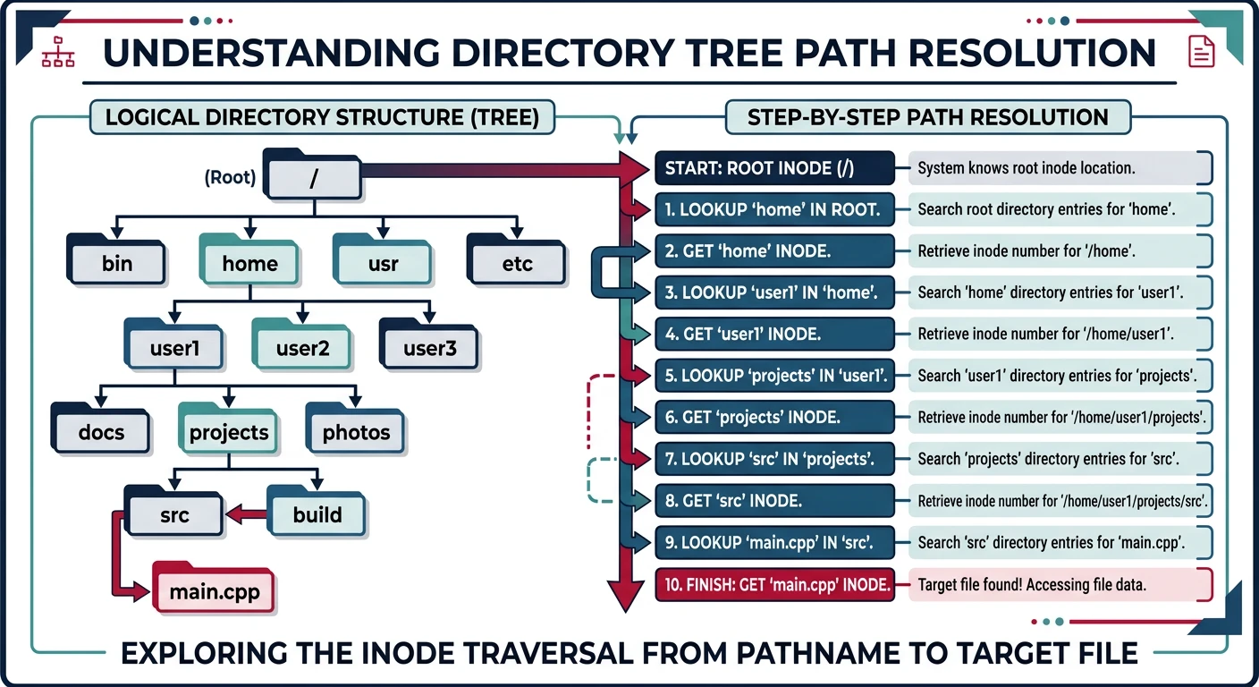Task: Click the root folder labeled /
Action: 313,177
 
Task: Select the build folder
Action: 317,513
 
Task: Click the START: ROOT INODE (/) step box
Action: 774,168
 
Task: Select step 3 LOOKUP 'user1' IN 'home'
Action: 774,293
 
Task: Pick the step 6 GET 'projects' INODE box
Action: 774,417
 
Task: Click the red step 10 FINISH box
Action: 774,585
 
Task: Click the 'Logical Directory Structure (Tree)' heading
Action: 322,118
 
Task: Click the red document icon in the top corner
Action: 1201,52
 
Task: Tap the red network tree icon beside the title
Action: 59,53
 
